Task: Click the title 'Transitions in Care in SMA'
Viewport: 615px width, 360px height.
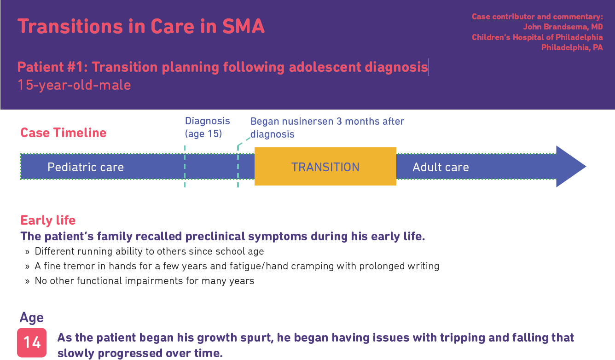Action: coord(141,26)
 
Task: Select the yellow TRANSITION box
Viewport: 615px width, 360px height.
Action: coord(325,167)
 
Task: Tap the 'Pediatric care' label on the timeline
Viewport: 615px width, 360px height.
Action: coord(86,167)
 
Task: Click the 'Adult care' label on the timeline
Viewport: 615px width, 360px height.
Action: coord(441,167)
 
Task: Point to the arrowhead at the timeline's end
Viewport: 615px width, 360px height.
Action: coord(571,167)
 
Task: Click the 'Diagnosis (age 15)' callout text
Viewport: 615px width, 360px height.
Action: coord(207,128)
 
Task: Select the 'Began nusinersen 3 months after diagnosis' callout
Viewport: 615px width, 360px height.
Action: coord(327,128)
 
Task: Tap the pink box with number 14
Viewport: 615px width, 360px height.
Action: coord(32,343)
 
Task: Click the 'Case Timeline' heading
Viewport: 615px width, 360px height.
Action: coord(64,133)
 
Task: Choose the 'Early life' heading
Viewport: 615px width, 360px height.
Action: coord(48,221)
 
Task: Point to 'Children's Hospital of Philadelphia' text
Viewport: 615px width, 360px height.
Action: coord(537,37)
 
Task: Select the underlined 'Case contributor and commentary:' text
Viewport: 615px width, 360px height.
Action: coord(537,17)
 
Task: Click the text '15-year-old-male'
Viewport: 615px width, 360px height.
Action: coord(74,85)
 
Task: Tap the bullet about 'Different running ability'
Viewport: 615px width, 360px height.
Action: coord(149,251)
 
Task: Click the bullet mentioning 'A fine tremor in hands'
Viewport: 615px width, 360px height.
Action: coord(237,266)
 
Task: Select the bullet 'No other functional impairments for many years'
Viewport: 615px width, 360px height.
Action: coord(144,281)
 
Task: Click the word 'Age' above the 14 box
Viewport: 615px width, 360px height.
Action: coord(32,318)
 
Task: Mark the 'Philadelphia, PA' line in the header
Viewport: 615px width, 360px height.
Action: coord(572,47)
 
